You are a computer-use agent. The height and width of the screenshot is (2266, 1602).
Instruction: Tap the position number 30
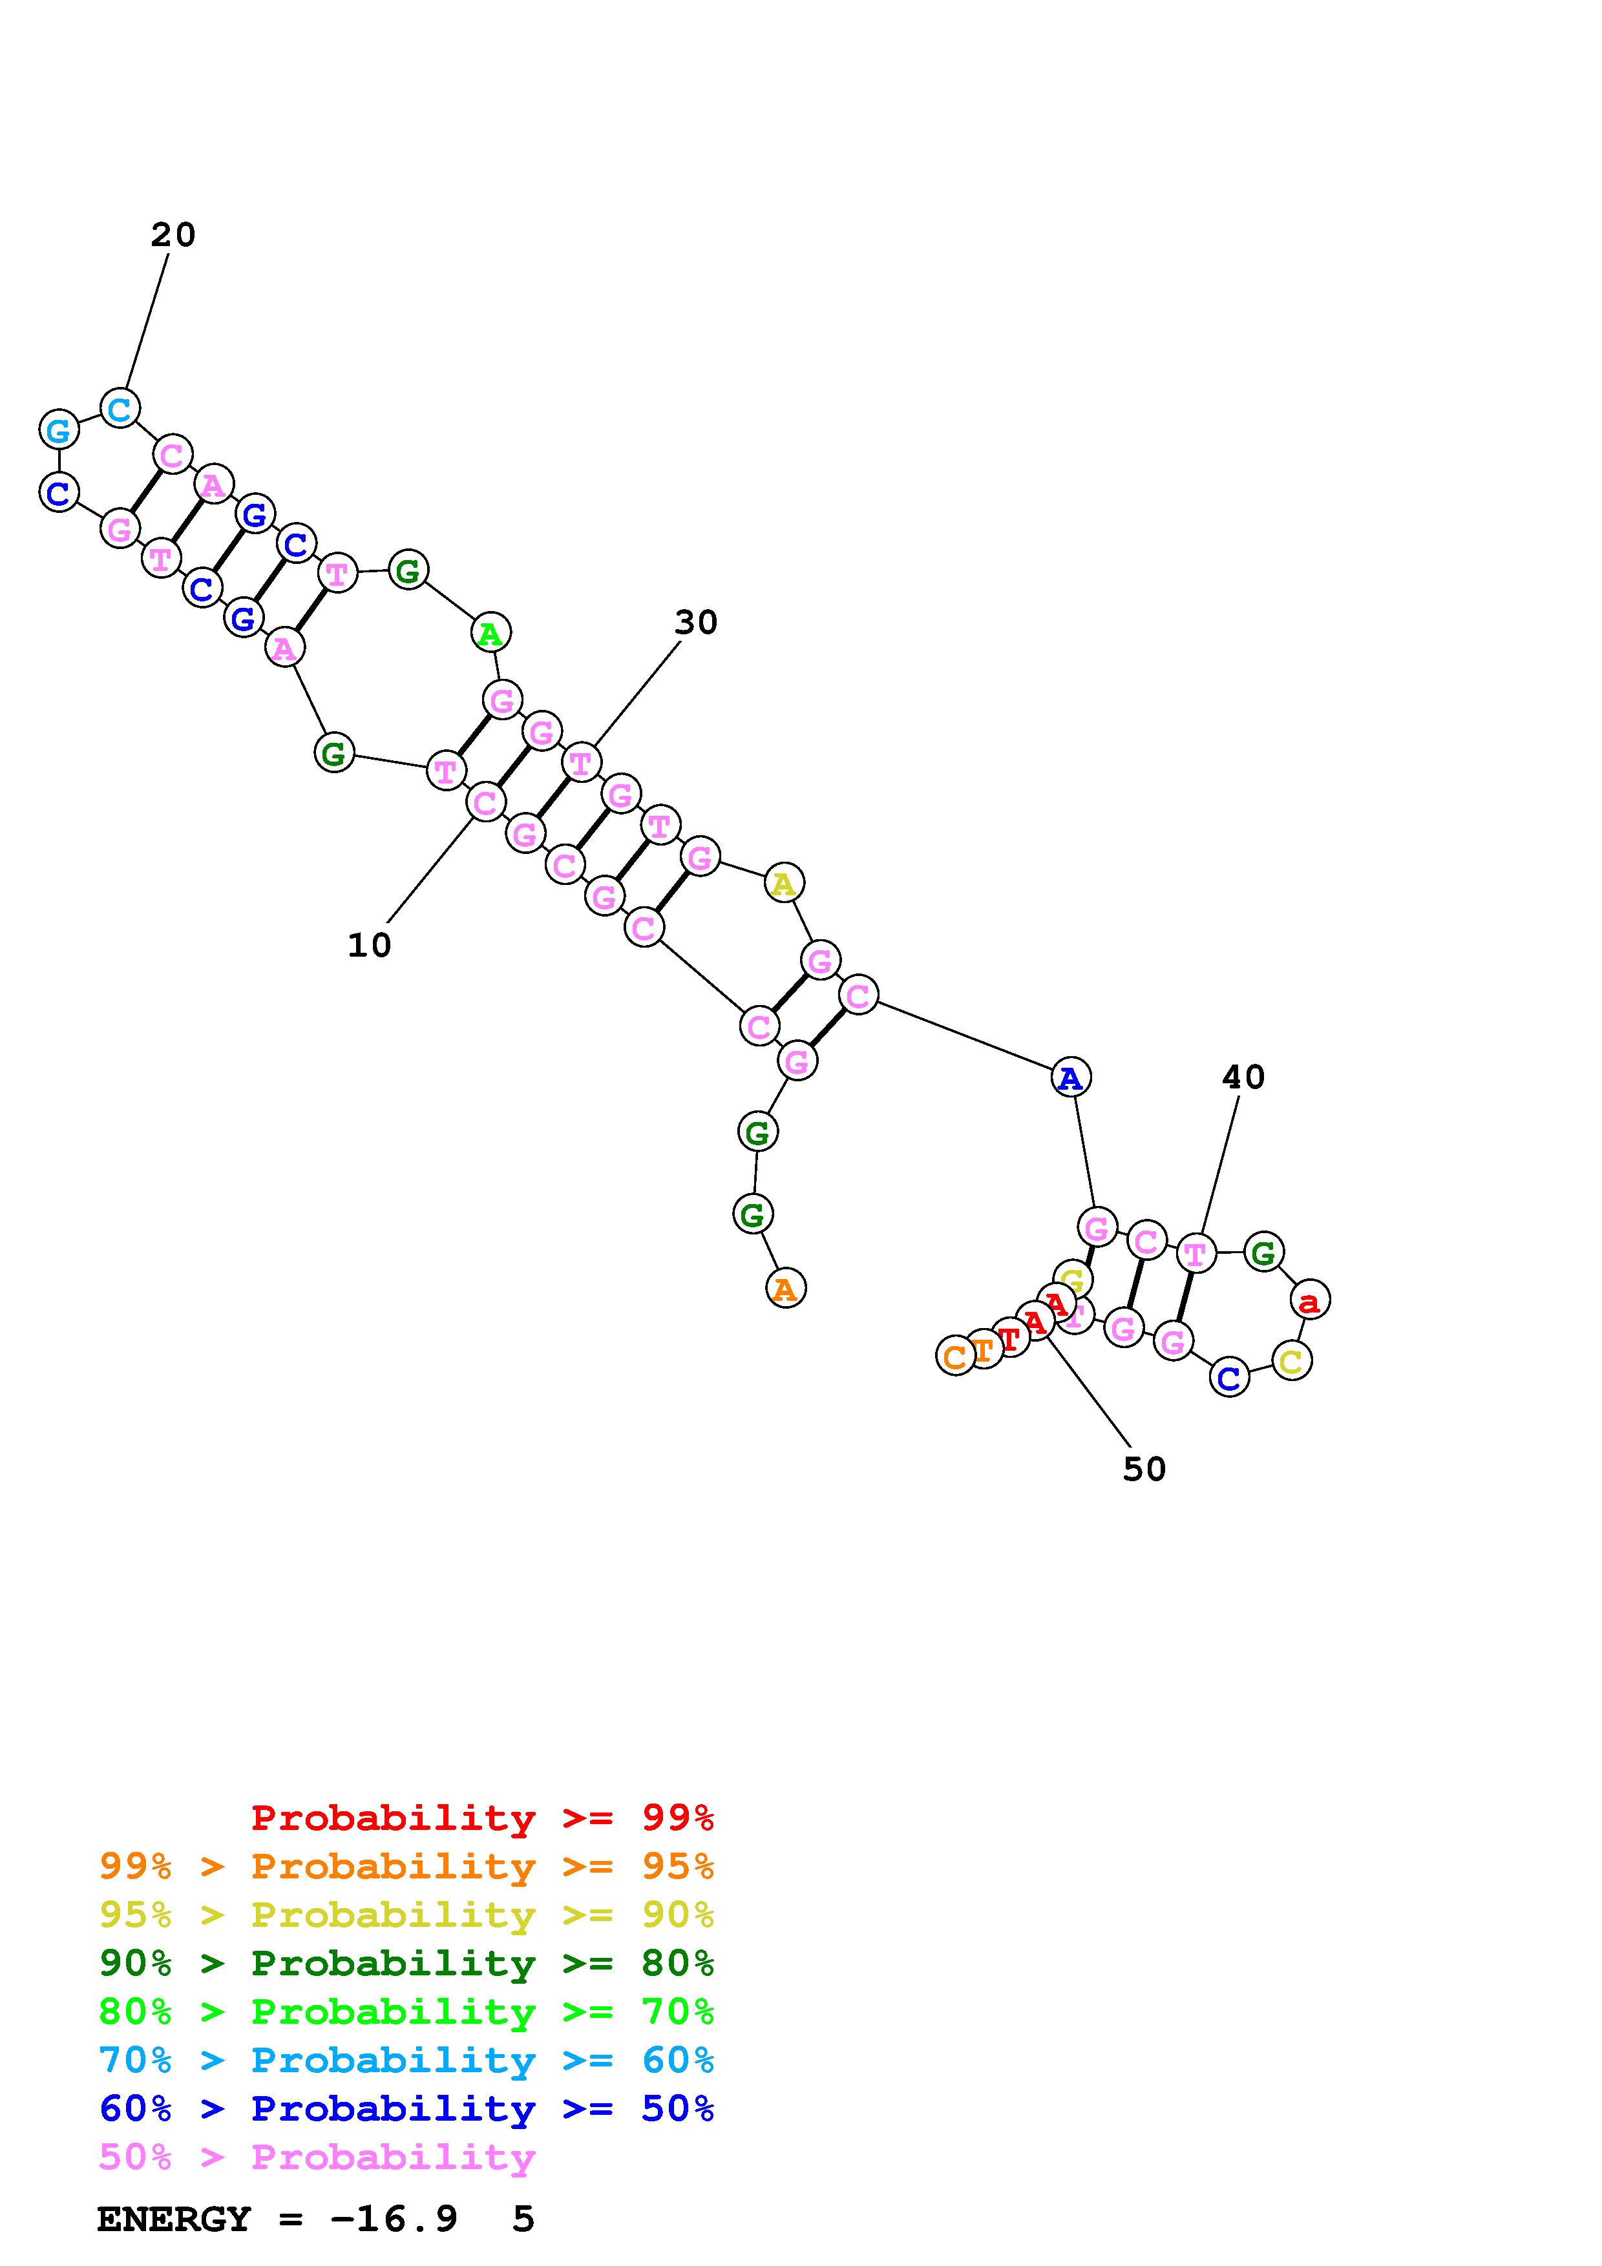(696, 623)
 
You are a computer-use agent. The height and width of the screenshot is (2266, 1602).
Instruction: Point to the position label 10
(369, 946)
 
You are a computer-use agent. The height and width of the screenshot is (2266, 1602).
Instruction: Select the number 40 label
(1243, 1077)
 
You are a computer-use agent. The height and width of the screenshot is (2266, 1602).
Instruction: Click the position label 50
(1144, 1468)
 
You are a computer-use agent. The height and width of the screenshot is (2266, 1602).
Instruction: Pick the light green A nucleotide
(490, 632)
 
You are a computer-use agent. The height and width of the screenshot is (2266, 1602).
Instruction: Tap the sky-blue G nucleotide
(58, 430)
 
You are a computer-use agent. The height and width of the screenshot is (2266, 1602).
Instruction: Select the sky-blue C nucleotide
(120, 408)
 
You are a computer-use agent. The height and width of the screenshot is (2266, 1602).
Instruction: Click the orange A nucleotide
(786, 1288)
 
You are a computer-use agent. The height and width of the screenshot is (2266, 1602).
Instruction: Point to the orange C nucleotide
(954, 1356)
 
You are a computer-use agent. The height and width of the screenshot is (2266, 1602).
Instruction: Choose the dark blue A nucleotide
(1070, 1077)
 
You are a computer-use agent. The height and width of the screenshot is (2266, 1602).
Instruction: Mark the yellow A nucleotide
(784, 883)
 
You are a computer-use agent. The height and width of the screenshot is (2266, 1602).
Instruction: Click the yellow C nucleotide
(1291, 1361)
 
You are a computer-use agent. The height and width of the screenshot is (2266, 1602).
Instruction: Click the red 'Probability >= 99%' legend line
(483, 1818)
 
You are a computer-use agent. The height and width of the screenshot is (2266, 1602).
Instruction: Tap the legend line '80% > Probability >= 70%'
(406, 2011)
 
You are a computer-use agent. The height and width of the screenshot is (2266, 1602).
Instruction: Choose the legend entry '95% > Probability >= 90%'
(406, 1915)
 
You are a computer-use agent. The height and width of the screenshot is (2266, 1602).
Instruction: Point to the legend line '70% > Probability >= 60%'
(406, 2060)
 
